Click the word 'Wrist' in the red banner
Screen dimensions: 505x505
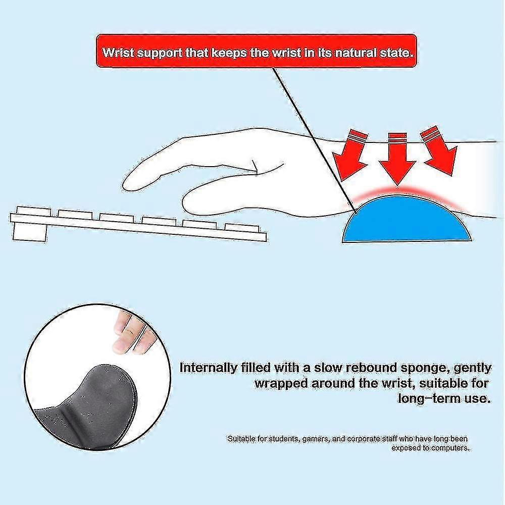(x=116, y=53)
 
